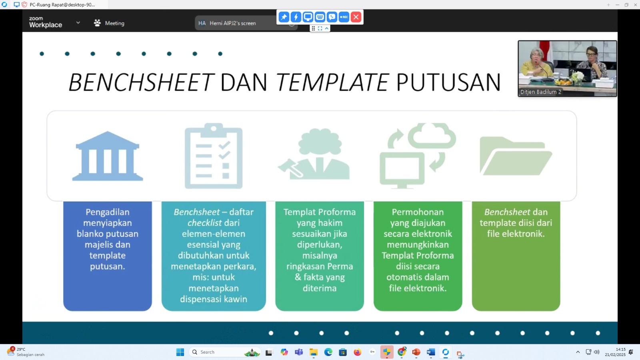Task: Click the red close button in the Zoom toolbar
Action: click(356, 17)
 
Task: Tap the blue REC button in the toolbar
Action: click(344, 17)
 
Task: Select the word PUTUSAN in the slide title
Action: click(448, 82)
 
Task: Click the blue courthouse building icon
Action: click(108, 156)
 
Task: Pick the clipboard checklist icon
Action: click(214, 156)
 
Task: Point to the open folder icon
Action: click(516, 156)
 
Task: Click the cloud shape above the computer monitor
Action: click(432, 136)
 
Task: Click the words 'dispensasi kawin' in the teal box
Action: click(214, 299)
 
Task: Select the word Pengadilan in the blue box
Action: click(108, 212)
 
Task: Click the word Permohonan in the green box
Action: click(418, 212)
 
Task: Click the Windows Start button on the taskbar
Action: click(180, 352)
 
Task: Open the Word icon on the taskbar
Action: click(431, 352)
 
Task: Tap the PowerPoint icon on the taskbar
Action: click(416, 352)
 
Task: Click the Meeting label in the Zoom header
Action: click(114, 23)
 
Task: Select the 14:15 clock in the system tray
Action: click(620, 350)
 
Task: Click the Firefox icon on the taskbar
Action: click(358, 352)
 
